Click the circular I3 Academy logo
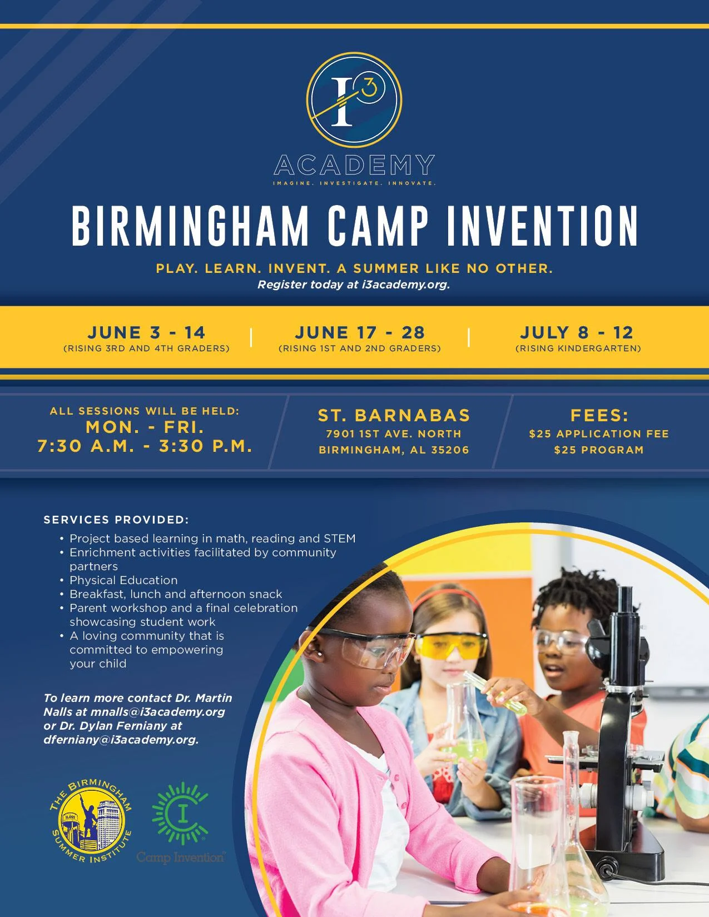(x=354, y=100)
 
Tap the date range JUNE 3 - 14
(x=146, y=332)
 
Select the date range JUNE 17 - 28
(x=360, y=332)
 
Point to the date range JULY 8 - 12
(x=577, y=332)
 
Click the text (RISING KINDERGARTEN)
(x=578, y=348)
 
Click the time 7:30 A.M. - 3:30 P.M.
(x=145, y=446)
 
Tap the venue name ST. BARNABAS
(x=394, y=415)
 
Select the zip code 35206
(x=450, y=450)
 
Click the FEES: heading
(x=599, y=415)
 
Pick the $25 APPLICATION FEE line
(x=599, y=434)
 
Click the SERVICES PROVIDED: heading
(x=116, y=520)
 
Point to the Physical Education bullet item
(x=123, y=580)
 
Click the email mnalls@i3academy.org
(x=158, y=712)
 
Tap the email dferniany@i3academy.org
(x=121, y=740)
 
